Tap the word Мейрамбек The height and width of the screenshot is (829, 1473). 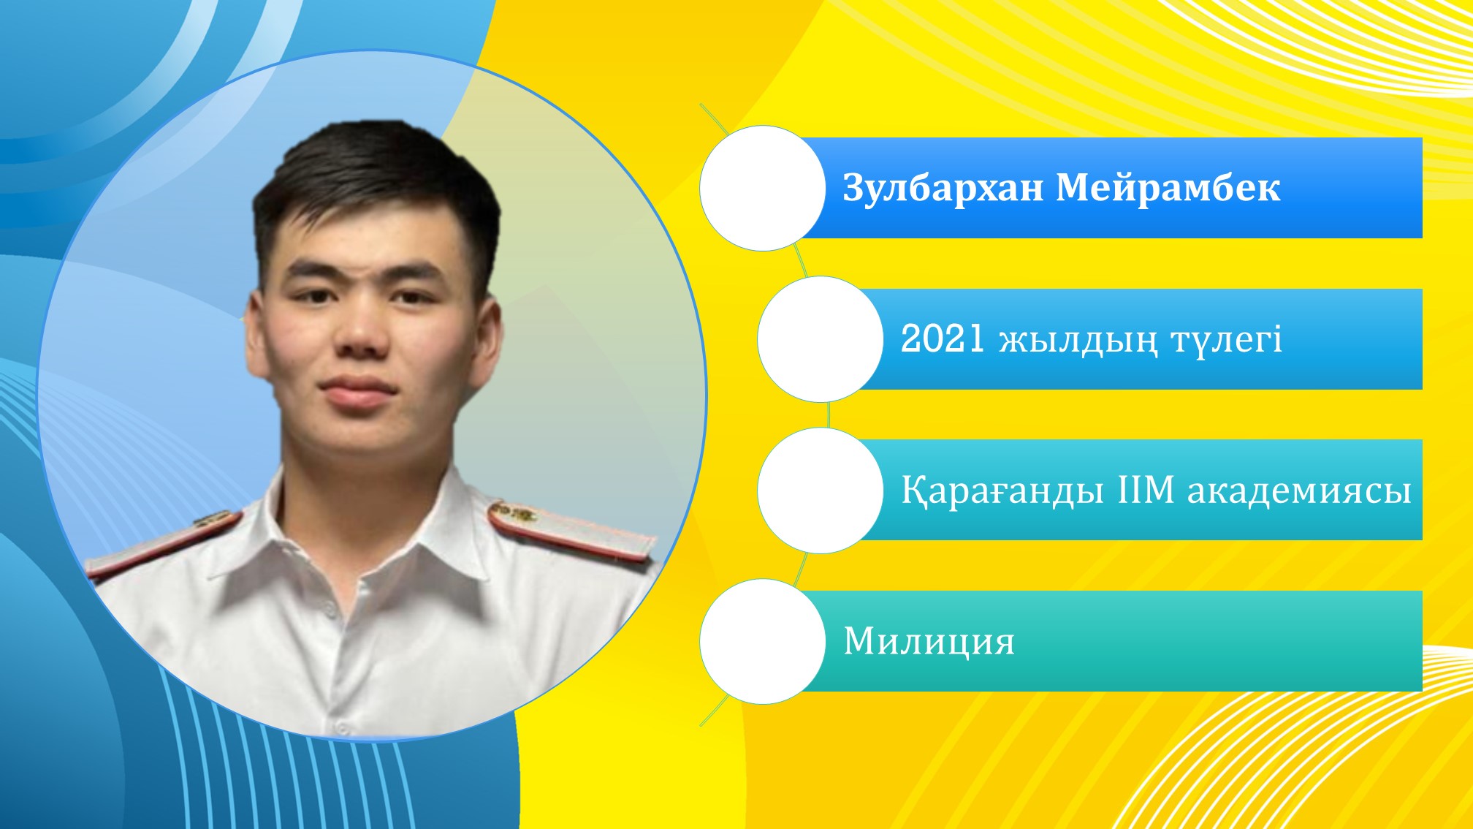coord(1168,188)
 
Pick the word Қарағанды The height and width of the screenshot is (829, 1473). coord(1002,491)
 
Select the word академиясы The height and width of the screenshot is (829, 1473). coord(1299,491)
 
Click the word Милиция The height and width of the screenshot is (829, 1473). coord(929,642)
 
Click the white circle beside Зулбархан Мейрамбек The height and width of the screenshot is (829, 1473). coord(763,188)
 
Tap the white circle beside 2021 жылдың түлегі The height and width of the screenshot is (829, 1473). coord(821,339)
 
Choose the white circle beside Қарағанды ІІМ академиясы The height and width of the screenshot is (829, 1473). coord(821,491)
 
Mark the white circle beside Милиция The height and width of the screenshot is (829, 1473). coord(763,642)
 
